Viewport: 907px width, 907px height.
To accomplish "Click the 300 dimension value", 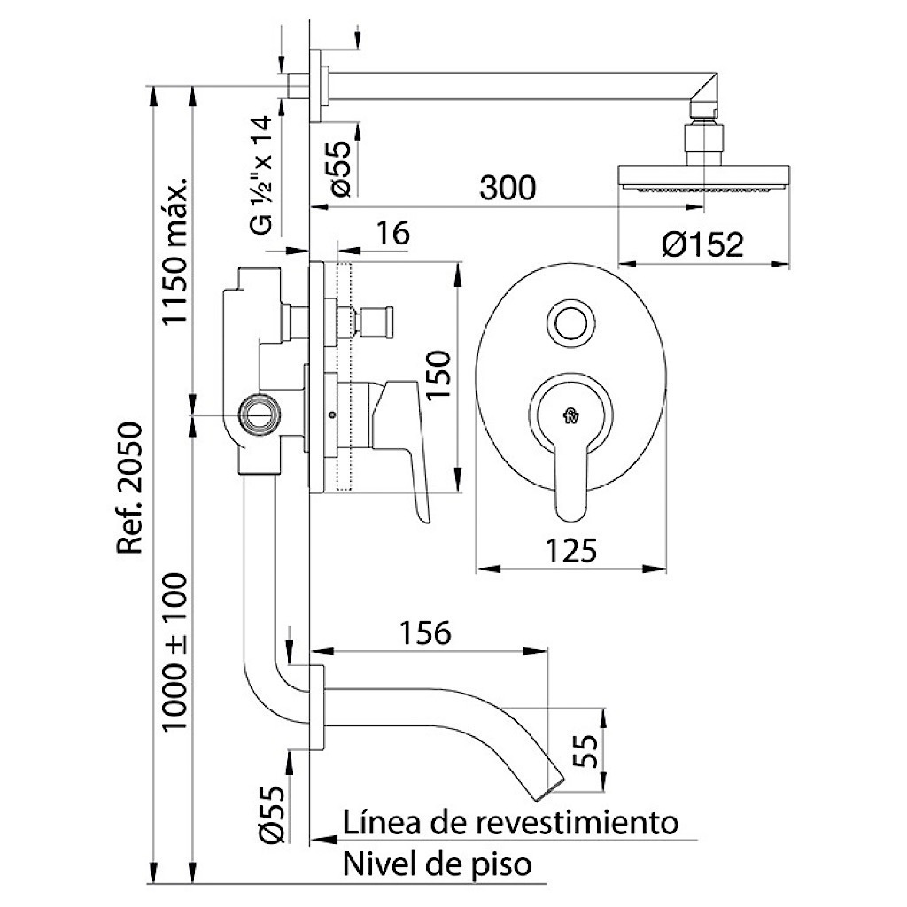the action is pyautogui.click(x=508, y=188).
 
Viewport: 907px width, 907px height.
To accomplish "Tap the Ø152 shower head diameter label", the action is pyautogui.click(x=702, y=244).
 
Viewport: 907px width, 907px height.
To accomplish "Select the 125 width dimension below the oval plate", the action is pyautogui.click(x=570, y=550).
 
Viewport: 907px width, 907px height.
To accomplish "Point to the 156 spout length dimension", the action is pyautogui.click(x=425, y=632).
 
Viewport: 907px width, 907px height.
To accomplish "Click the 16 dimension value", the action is pyautogui.click(x=392, y=233).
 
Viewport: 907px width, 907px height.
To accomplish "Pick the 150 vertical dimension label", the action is pyautogui.click(x=438, y=374).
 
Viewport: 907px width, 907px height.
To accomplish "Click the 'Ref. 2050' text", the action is pyautogui.click(x=129, y=489).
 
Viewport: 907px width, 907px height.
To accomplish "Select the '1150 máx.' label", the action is pyautogui.click(x=174, y=251).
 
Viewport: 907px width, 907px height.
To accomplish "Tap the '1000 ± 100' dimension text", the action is pyautogui.click(x=174, y=652).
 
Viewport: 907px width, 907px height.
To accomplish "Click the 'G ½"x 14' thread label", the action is pyautogui.click(x=261, y=174).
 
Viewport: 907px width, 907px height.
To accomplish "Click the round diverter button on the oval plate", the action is pyautogui.click(x=570, y=322).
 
